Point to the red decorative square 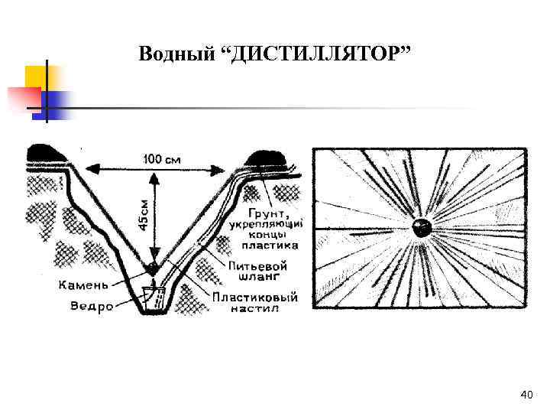click(x=24, y=99)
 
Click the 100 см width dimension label click(x=163, y=159)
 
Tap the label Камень click(x=84, y=285)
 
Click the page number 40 click(x=526, y=394)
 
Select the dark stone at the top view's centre click(x=421, y=227)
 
